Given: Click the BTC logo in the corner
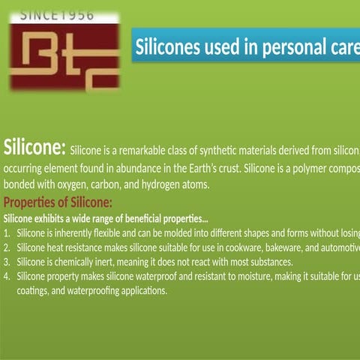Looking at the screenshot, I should click(64, 57).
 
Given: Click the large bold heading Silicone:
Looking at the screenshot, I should click(35, 145).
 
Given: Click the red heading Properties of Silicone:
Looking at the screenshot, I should click(58, 202).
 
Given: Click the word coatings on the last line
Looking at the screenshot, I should click(34, 290).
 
